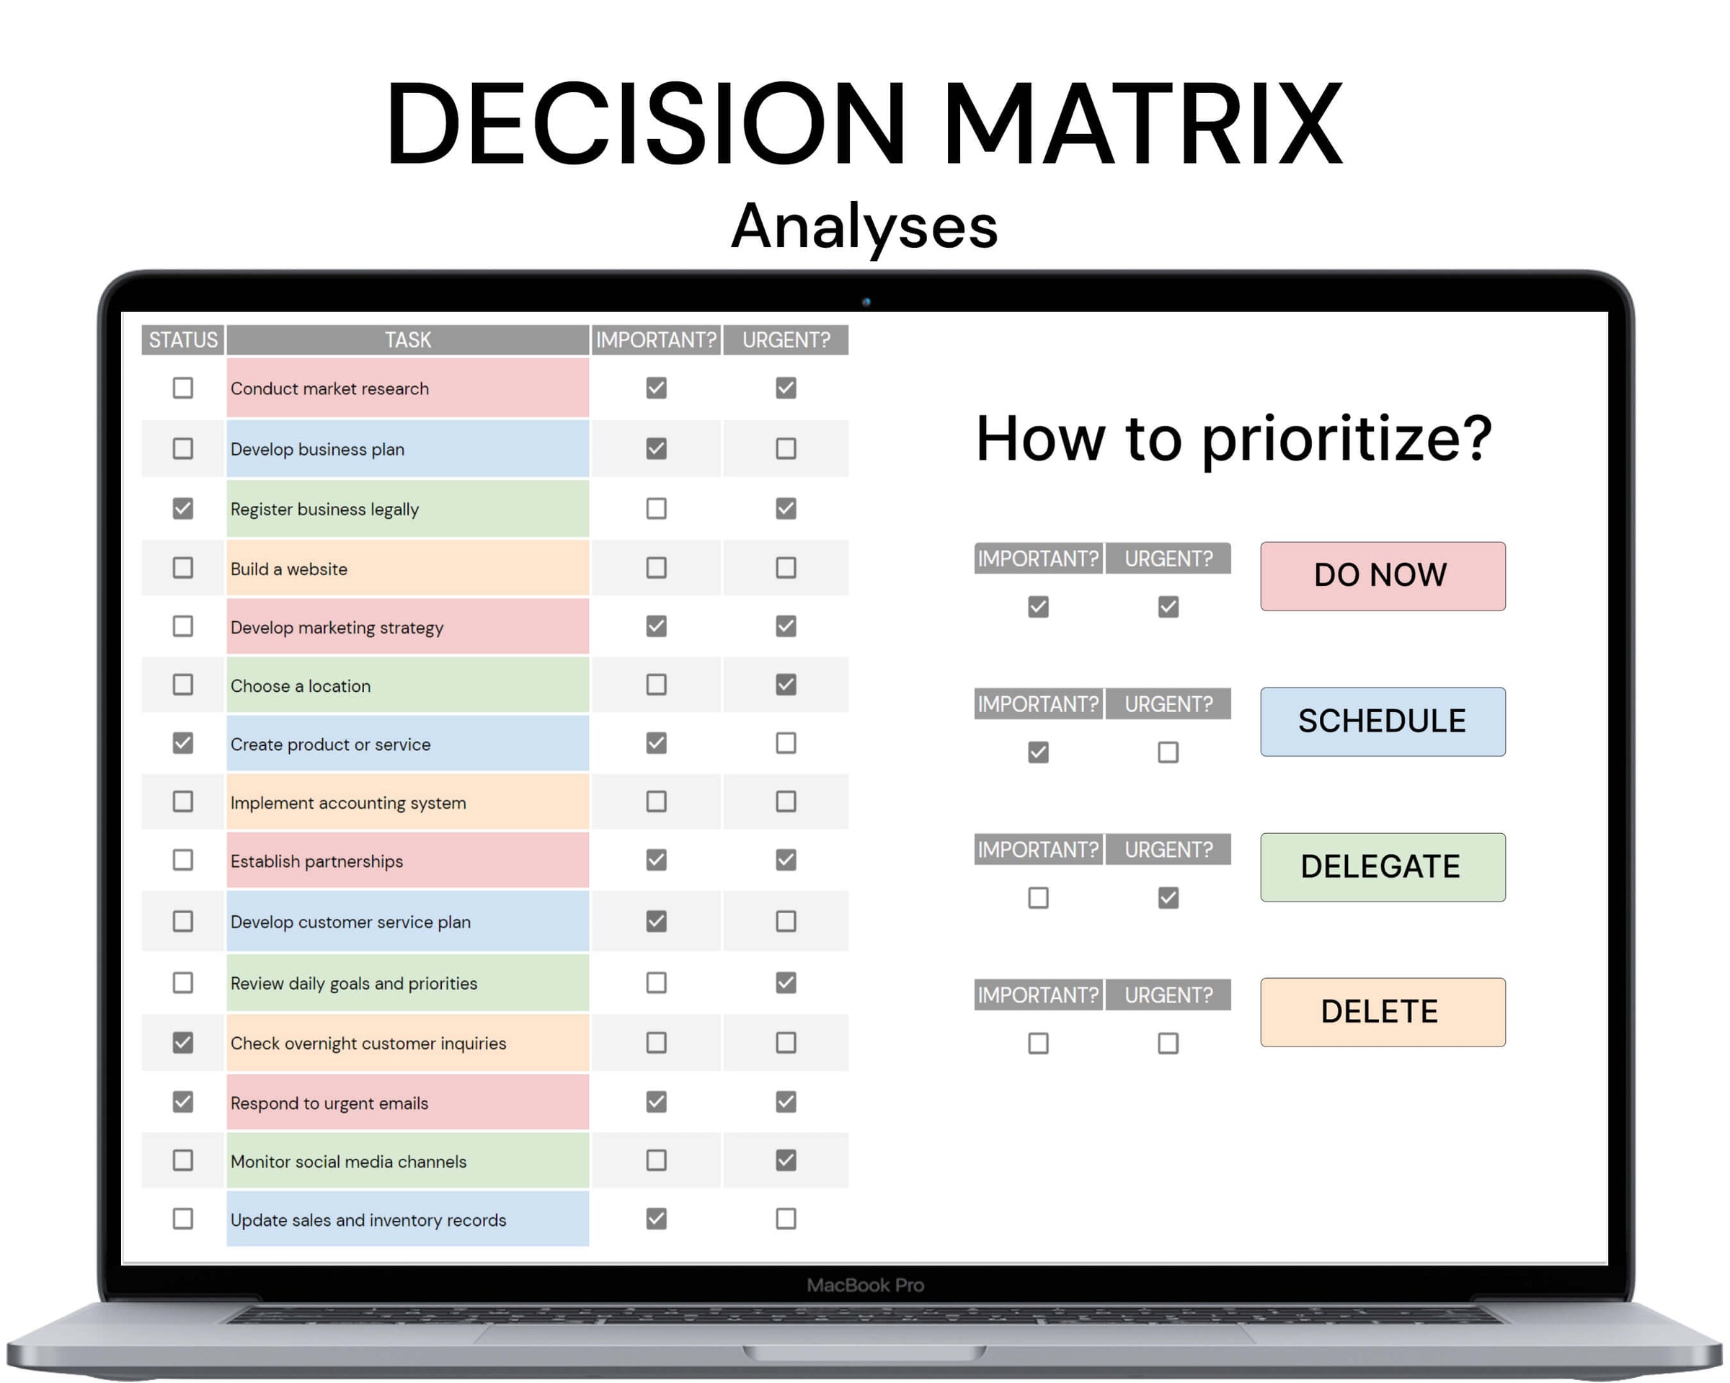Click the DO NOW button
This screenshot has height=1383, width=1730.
pyautogui.click(x=1383, y=576)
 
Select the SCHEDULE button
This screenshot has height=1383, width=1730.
pyautogui.click(x=1383, y=721)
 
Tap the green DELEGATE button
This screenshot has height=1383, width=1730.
pyautogui.click(x=1383, y=866)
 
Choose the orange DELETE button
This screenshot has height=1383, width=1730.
pyautogui.click(x=1383, y=1012)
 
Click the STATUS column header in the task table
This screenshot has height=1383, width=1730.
pyautogui.click(x=183, y=339)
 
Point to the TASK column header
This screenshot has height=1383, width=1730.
pyautogui.click(x=407, y=339)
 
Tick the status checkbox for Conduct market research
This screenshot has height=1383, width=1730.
pyautogui.click(x=183, y=388)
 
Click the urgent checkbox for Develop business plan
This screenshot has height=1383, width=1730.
pyautogui.click(x=786, y=448)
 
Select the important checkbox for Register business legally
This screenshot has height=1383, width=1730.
pyautogui.click(x=657, y=509)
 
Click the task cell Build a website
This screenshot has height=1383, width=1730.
pyautogui.click(x=407, y=568)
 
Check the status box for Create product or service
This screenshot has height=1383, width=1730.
pyautogui.click(x=183, y=743)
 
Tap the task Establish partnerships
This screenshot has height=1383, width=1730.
pyautogui.click(x=407, y=860)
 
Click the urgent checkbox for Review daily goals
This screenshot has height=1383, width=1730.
pyautogui.click(x=786, y=983)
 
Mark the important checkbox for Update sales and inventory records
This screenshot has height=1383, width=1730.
pyautogui.click(x=657, y=1219)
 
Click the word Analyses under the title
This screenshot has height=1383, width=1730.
pyautogui.click(x=864, y=227)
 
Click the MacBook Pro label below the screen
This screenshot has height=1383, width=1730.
pyautogui.click(x=865, y=1285)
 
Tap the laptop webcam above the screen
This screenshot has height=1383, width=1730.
pyautogui.click(x=866, y=302)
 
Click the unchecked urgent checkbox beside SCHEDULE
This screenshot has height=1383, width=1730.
pyautogui.click(x=1168, y=752)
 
